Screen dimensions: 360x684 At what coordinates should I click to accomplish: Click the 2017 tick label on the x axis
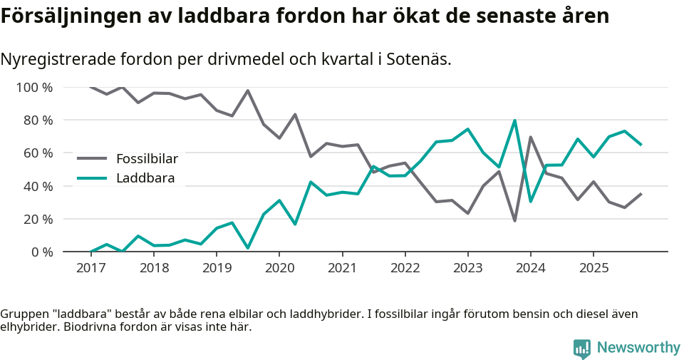[90, 268]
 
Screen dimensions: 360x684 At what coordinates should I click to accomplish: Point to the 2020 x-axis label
[279, 268]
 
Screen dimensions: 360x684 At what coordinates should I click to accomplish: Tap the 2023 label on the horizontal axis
[467, 268]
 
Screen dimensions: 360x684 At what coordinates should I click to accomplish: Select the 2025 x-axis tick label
[593, 268]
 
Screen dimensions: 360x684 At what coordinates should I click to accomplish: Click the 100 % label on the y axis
[34, 88]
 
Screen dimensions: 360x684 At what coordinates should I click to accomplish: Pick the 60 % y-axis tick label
[37, 153]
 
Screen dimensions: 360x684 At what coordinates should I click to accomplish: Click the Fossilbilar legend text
[147, 158]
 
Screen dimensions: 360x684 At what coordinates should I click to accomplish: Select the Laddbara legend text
[145, 178]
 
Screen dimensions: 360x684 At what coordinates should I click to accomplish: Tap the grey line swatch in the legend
[92, 158]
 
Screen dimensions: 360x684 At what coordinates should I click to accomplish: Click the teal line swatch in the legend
[92, 178]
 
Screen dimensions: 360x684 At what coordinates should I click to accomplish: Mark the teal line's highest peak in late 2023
[514, 120]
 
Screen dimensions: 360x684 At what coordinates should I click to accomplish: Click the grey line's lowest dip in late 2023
[514, 220]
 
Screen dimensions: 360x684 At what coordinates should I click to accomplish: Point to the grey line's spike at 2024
[530, 137]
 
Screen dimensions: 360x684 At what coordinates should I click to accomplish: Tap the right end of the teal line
[641, 145]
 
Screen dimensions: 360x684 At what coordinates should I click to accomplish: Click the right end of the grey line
[641, 194]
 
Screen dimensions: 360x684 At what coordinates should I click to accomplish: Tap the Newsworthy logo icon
[582, 348]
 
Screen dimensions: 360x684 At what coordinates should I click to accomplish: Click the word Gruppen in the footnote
[23, 314]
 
